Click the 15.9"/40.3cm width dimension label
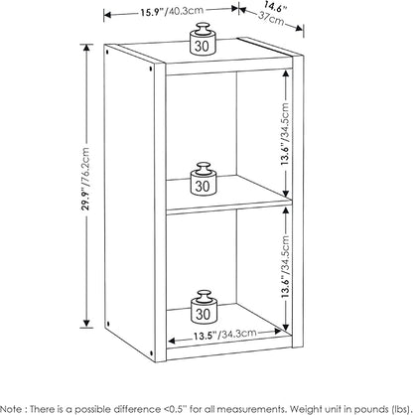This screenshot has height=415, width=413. (x=172, y=12)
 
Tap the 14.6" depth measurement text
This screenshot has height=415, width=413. (x=275, y=6)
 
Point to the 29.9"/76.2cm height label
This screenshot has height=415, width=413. (x=86, y=179)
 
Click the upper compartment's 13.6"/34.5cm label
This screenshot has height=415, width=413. (x=285, y=134)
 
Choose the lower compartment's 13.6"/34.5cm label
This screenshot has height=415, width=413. (x=285, y=266)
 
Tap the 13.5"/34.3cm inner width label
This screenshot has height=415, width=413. (x=225, y=335)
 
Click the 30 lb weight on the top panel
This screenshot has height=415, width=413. (x=202, y=38)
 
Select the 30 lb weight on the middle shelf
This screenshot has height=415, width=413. (x=203, y=178)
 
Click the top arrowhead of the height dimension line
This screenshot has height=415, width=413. (x=86, y=48)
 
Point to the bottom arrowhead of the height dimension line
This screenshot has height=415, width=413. (x=86, y=324)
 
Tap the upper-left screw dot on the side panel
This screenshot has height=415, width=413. (x=107, y=52)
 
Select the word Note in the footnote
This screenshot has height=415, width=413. (x=12, y=408)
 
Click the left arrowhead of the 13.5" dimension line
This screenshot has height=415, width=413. (x=172, y=341)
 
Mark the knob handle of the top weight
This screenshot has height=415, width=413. (x=202, y=28)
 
